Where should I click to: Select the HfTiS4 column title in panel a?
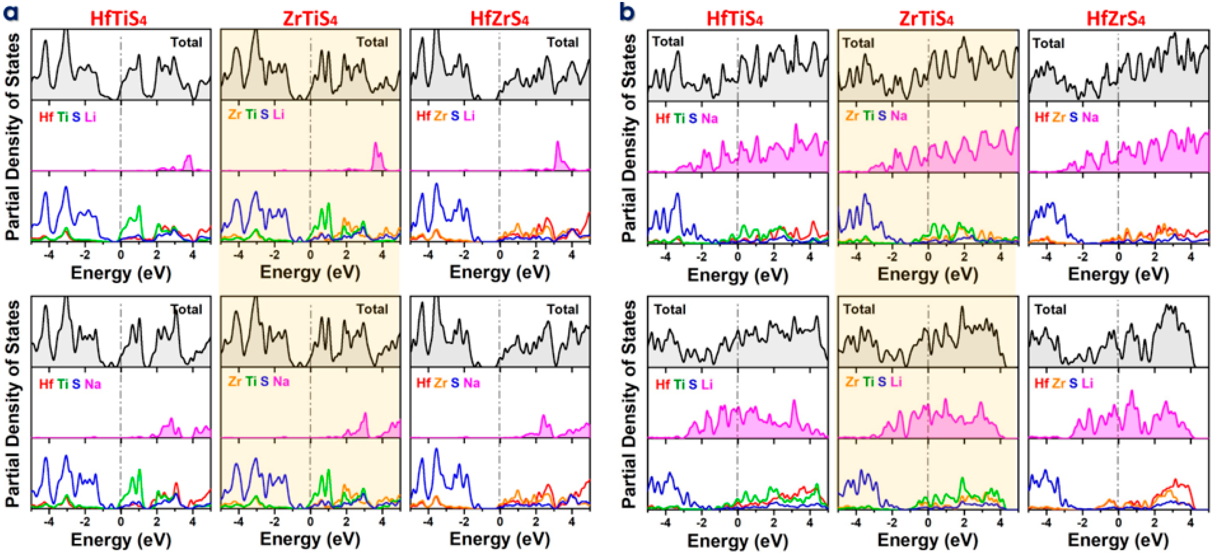pyautogui.click(x=118, y=19)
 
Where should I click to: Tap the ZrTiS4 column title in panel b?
pyautogui.click(x=926, y=19)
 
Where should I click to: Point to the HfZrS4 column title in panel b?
pyautogui.click(x=1115, y=19)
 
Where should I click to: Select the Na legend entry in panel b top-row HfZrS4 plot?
pyautogui.click(x=1090, y=117)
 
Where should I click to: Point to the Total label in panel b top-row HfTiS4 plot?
pyautogui.click(x=668, y=42)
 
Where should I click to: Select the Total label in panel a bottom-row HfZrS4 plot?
pyautogui.click(x=563, y=309)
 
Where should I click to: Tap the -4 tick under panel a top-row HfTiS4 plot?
pyautogui.click(x=49, y=255)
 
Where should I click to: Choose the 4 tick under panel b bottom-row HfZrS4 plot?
pyautogui.click(x=1191, y=523)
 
